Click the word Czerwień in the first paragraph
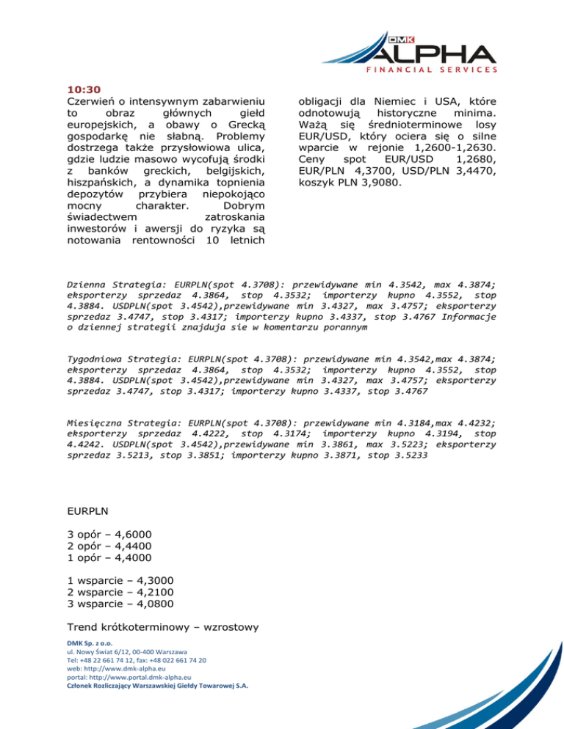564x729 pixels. (91, 100)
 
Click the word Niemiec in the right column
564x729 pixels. (407, 100)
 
